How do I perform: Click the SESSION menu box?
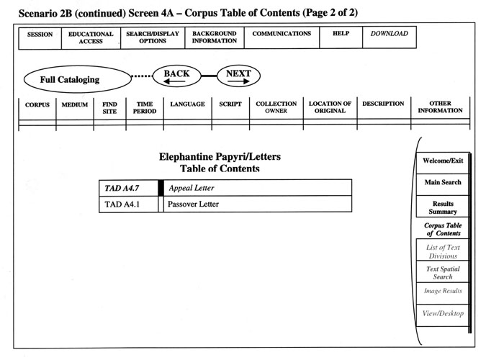point(40,38)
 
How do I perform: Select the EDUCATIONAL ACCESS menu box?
point(91,38)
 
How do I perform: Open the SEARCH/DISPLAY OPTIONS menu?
point(153,38)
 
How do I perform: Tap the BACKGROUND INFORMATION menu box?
point(215,37)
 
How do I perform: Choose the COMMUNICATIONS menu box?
point(282,37)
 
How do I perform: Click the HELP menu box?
point(341,37)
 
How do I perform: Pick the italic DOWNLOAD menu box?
point(390,37)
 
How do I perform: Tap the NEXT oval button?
point(238,76)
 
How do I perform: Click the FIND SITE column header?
point(109,108)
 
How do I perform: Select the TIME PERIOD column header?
point(145,107)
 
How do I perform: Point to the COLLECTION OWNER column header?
point(276,107)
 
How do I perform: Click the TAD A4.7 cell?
point(129,188)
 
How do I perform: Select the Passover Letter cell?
point(258,204)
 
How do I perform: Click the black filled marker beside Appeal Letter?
point(161,188)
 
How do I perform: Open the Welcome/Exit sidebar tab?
point(443,163)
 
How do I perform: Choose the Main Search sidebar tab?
point(443,184)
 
